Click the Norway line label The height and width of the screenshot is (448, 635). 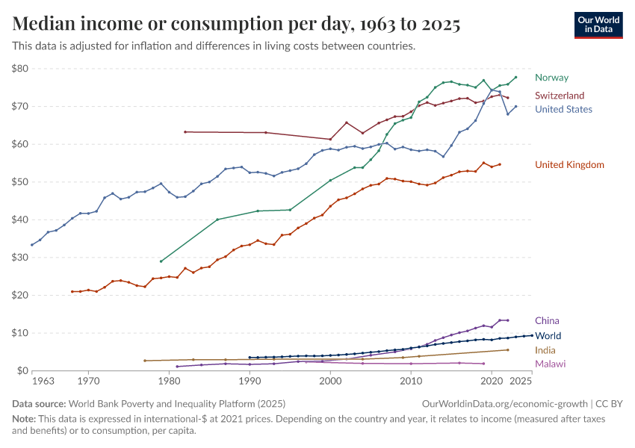click(x=551, y=78)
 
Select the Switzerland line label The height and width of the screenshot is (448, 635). click(x=559, y=96)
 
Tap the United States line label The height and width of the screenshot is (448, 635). click(x=564, y=109)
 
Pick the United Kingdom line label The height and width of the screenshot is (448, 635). click(x=569, y=164)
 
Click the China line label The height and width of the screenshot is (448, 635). click(x=547, y=321)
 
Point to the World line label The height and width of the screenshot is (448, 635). click(x=548, y=336)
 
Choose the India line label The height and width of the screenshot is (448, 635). click(x=545, y=350)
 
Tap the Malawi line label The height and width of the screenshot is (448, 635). click(x=550, y=364)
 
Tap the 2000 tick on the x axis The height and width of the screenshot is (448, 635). click(x=330, y=382)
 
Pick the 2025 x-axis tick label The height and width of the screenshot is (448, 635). click(x=521, y=382)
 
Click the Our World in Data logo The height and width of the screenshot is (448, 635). click(x=598, y=25)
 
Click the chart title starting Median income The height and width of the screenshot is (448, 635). click(x=236, y=25)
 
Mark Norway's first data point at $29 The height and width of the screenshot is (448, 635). click(x=161, y=261)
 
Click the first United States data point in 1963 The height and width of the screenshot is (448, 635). click(x=32, y=245)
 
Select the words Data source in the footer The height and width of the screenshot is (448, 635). click(x=37, y=404)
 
